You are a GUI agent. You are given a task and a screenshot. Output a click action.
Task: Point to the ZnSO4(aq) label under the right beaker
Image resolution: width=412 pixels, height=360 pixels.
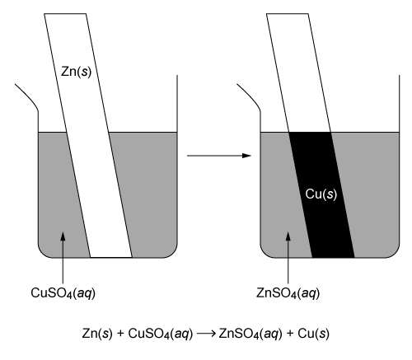pos(288,290)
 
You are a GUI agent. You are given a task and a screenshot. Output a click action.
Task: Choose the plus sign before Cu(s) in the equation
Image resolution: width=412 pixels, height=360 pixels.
pos(297,335)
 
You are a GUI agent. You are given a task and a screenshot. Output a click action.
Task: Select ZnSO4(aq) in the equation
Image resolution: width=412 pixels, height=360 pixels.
pos(261,335)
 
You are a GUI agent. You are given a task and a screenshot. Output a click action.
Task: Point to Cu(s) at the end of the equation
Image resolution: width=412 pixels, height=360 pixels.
pos(317,335)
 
